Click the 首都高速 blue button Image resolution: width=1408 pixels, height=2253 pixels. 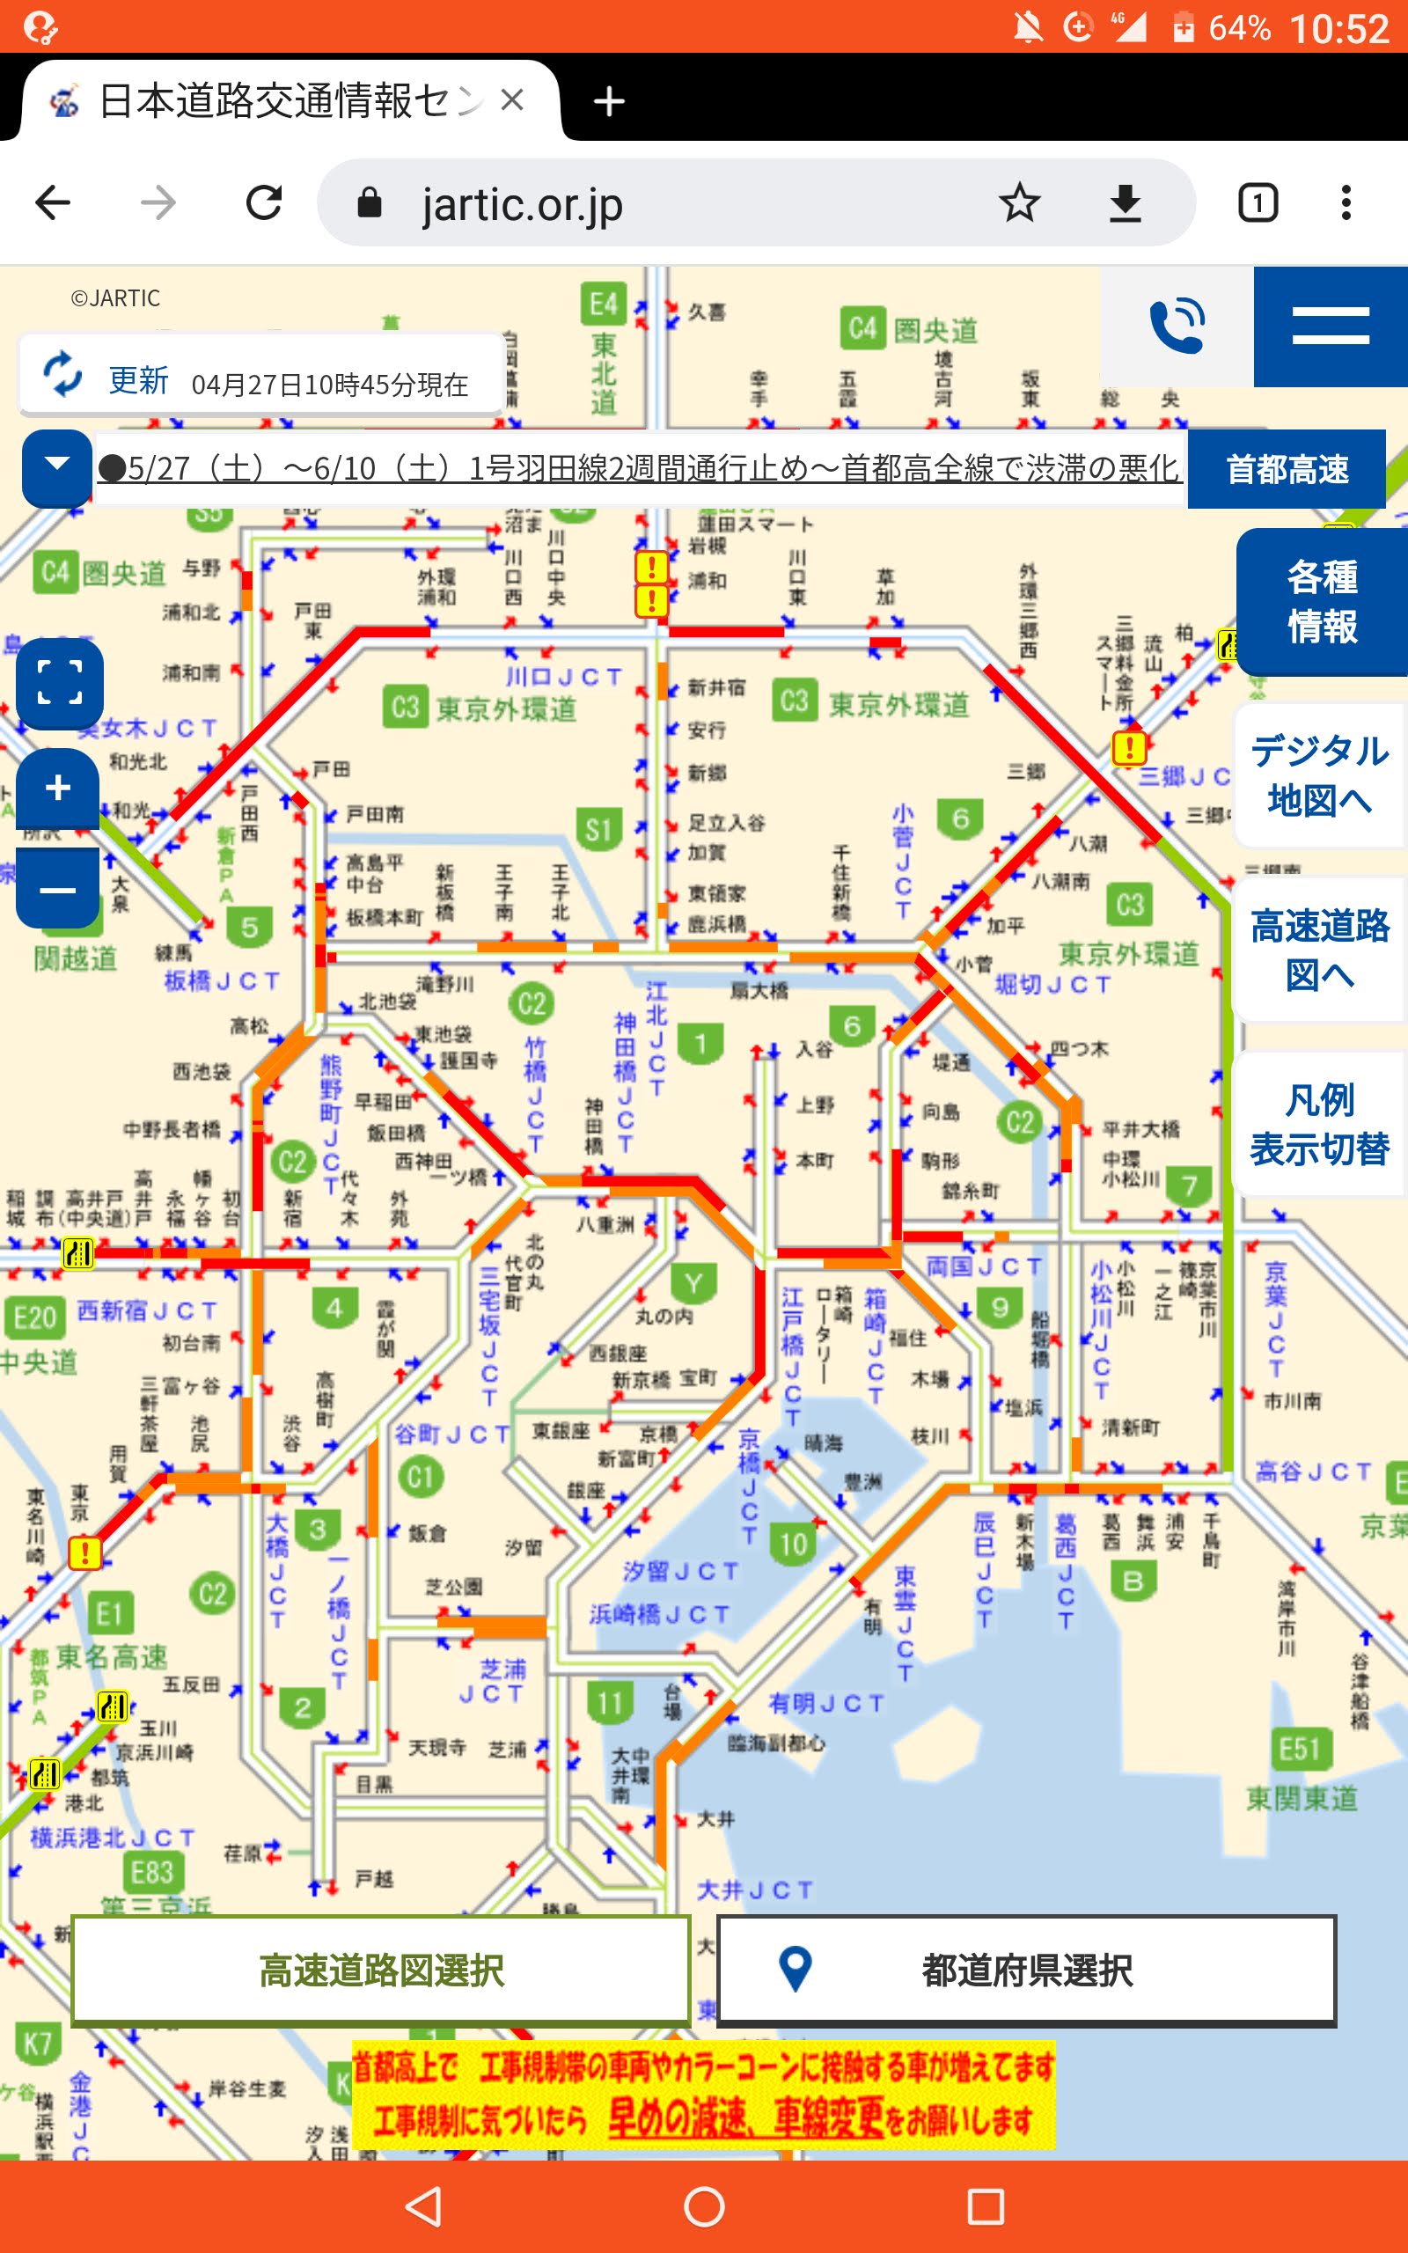pyautogui.click(x=1286, y=469)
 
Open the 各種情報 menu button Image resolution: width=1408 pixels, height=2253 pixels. pyautogui.click(x=1321, y=601)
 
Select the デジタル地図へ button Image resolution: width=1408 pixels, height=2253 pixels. pyautogui.click(x=1318, y=775)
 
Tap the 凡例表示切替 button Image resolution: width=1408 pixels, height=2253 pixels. pyautogui.click(x=1318, y=1125)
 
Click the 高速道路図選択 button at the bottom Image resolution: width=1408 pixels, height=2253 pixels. pyautogui.click(x=381, y=1970)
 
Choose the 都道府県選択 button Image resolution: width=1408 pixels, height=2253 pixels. pyautogui.click(x=1026, y=1970)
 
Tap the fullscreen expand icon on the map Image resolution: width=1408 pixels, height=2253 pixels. pyautogui.click(x=59, y=683)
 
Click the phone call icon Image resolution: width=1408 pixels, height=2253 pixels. pyautogui.click(x=1177, y=326)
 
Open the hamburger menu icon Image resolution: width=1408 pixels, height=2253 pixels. pyautogui.click(x=1330, y=326)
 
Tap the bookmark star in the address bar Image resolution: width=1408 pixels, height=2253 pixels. pyautogui.click(x=1019, y=203)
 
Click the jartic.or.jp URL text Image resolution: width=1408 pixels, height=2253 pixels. pyautogui.click(x=522, y=205)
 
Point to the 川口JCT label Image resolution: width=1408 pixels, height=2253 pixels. pyautogui.click(x=563, y=677)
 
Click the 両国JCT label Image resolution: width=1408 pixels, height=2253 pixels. pyautogui.click(x=983, y=1266)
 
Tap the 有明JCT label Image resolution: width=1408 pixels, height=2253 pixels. pyautogui.click(x=826, y=1703)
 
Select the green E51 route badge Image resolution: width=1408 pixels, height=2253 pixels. pyautogui.click(x=1300, y=1749)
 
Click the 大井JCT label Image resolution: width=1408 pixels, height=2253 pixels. pyautogui.click(x=754, y=1890)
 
